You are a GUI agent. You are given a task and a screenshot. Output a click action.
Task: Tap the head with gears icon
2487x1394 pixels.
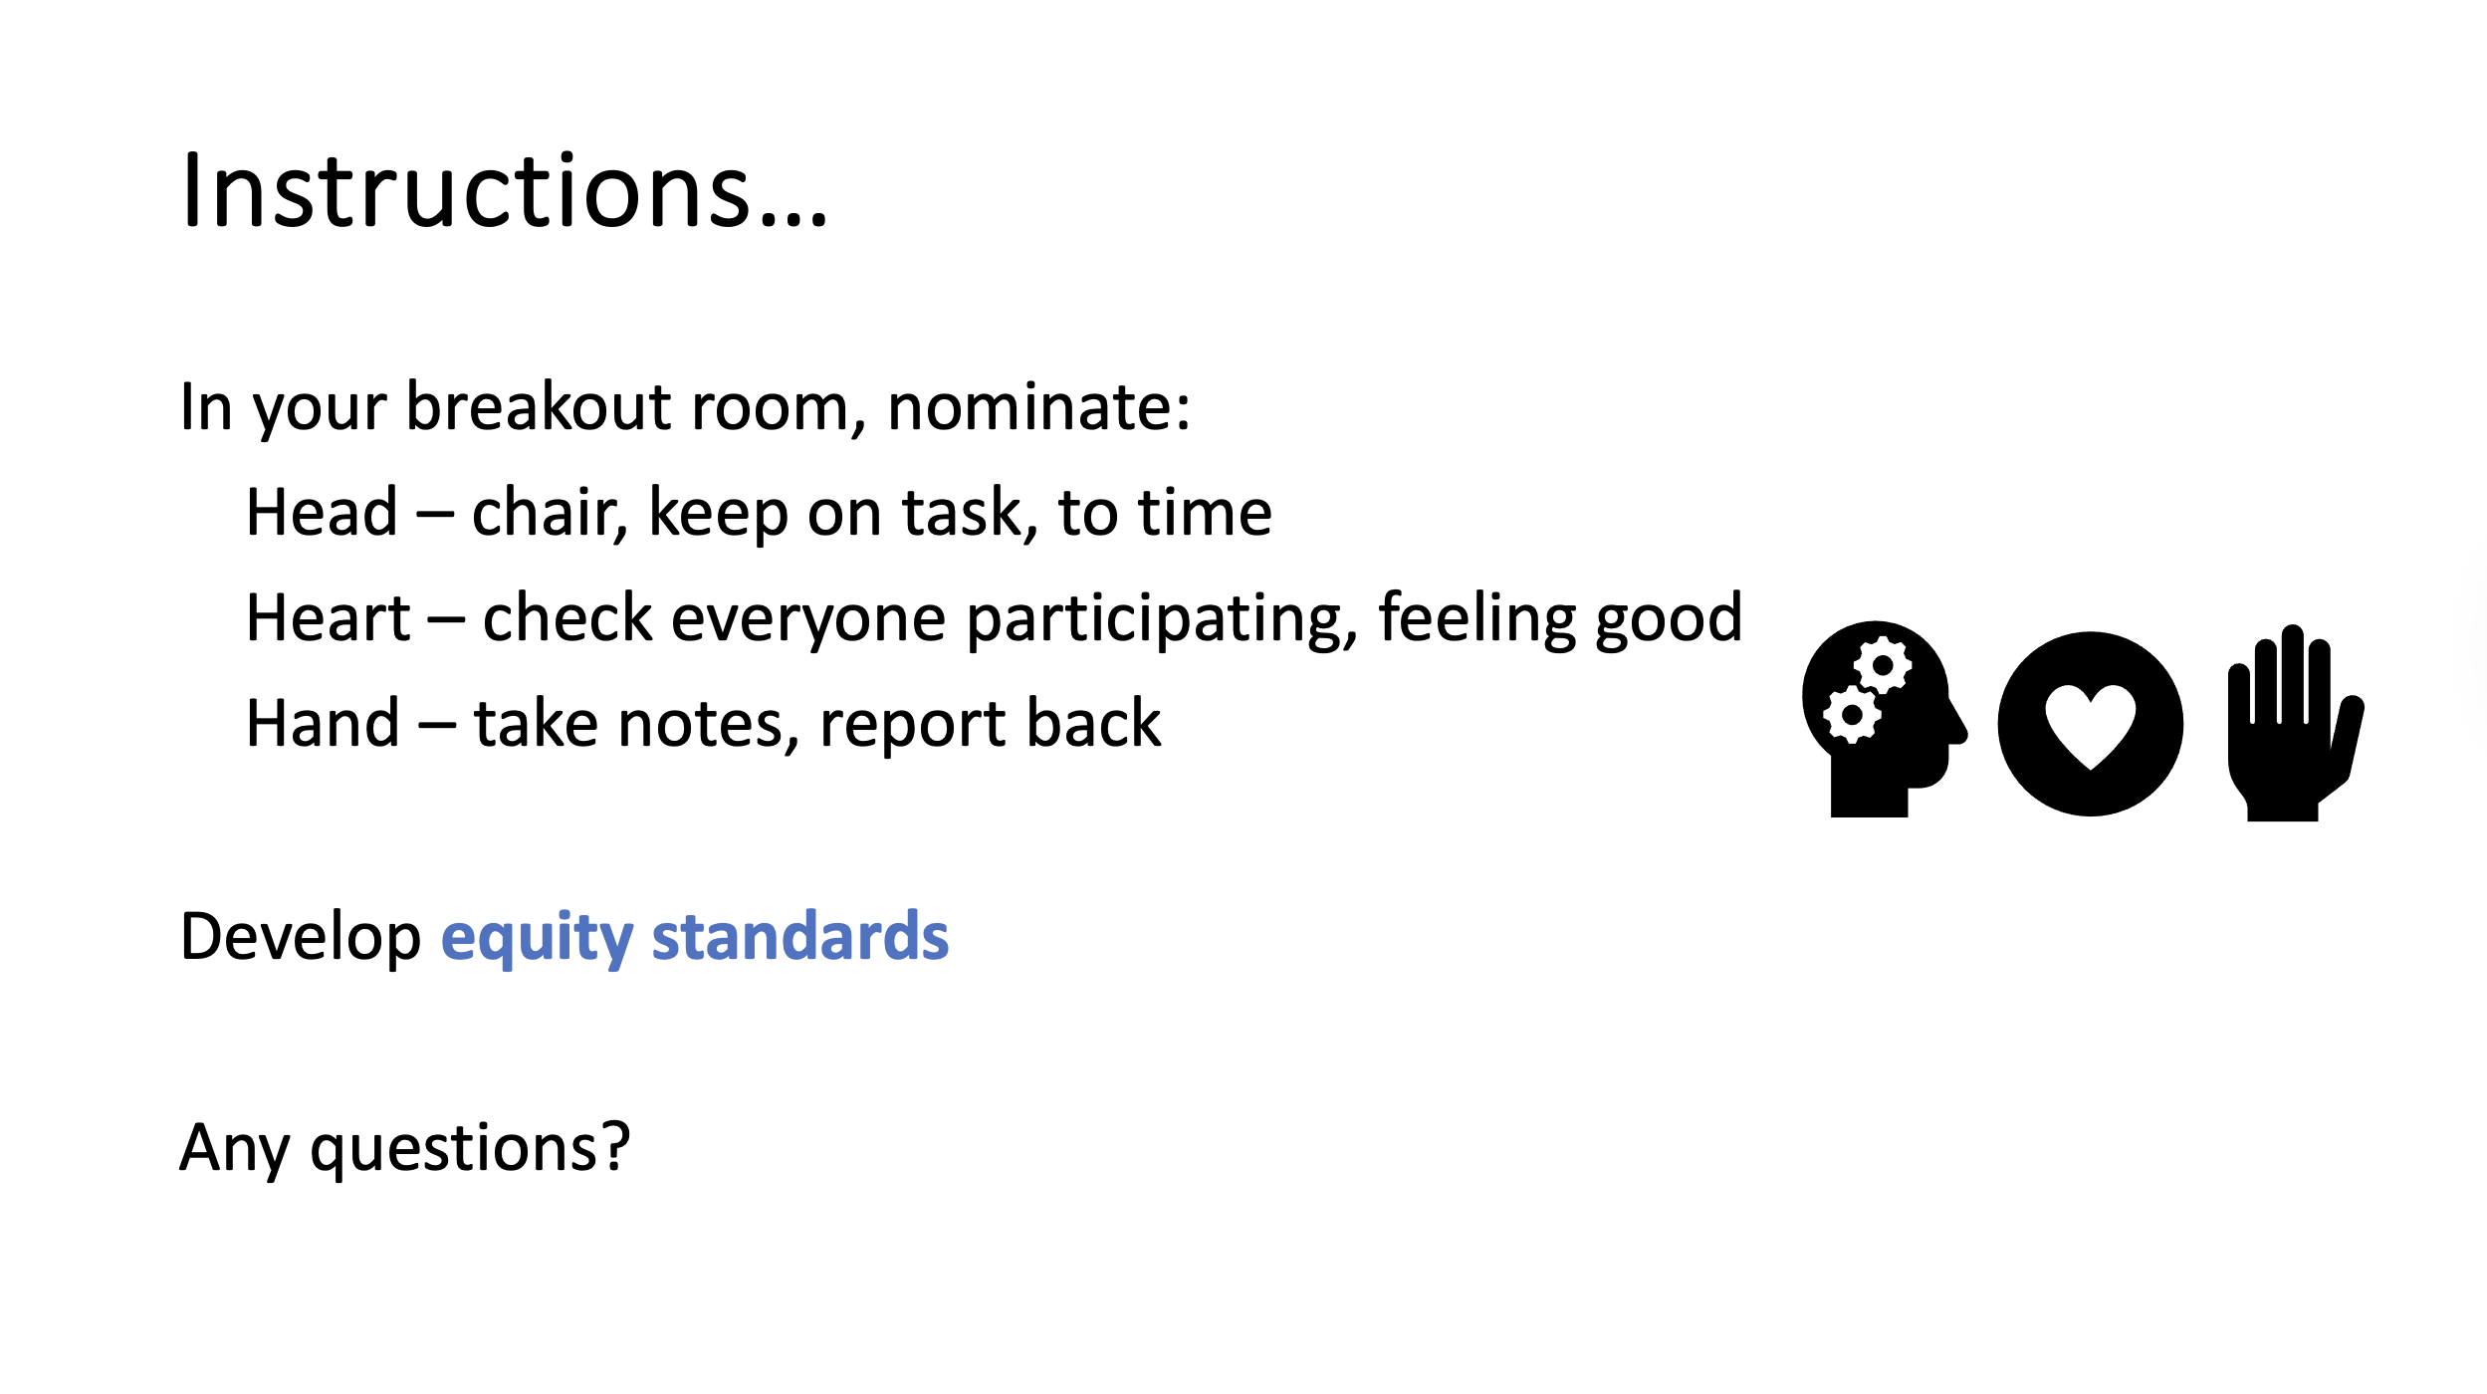point(1884,719)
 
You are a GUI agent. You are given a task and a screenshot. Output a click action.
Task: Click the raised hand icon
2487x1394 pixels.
point(2295,723)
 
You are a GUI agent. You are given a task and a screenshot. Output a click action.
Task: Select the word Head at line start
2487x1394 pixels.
point(322,513)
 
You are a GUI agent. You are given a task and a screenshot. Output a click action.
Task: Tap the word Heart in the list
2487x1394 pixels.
point(328,618)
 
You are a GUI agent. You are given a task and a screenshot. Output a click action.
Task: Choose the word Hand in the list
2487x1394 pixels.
point(323,724)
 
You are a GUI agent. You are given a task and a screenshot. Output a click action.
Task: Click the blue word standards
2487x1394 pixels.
point(800,937)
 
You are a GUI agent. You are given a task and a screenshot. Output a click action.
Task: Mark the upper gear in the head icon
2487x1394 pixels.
point(1882,665)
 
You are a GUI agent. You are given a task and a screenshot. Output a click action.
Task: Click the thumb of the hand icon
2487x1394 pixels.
point(2348,737)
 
